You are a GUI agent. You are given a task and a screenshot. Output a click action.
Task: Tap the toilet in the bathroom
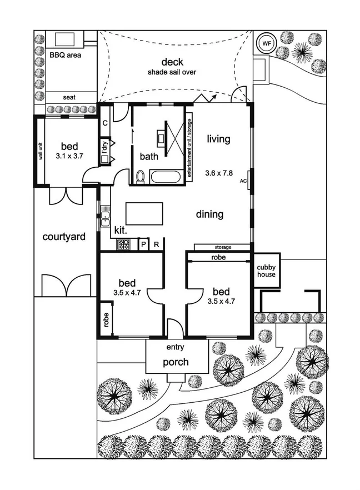click(141, 177)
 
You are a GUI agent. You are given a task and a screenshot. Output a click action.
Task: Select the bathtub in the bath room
click(166, 178)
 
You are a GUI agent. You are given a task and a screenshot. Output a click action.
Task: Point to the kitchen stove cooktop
click(123, 244)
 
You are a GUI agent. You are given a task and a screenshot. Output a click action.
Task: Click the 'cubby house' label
click(266, 271)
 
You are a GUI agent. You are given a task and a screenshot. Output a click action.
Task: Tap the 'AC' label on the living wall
click(243, 181)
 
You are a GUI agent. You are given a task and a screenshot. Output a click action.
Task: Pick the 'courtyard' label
click(64, 237)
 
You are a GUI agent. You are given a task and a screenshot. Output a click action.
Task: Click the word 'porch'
click(176, 362)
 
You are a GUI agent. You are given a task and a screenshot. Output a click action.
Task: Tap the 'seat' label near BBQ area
click(69, 97)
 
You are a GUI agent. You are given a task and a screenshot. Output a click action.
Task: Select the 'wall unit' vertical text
click(41, 149)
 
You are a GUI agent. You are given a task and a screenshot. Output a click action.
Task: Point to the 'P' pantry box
click(143, 244)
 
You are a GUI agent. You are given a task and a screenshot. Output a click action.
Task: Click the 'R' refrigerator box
click(157, 244)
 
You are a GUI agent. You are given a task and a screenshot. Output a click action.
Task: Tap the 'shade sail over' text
click(172, 72)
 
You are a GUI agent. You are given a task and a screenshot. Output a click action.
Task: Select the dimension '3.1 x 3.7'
click(69, 156)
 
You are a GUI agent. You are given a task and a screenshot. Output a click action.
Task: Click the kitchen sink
click(104, 218)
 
